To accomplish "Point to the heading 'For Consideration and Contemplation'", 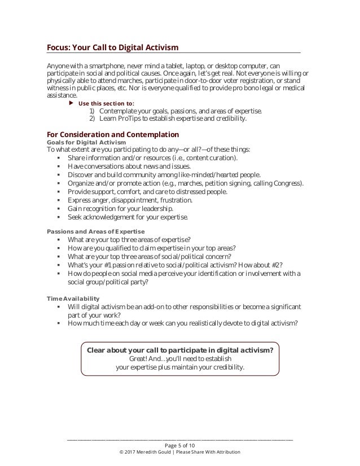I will click(113, 134).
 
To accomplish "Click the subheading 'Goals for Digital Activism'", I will click(86, 142).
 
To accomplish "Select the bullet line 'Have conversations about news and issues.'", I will click(129, 166).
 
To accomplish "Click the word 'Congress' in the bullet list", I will click(288, 183).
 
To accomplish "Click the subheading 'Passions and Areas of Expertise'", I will click(95, 232).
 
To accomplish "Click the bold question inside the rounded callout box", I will click(180, 349).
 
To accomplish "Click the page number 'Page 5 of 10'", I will click(180, 445).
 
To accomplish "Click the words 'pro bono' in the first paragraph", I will click(251, 89).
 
